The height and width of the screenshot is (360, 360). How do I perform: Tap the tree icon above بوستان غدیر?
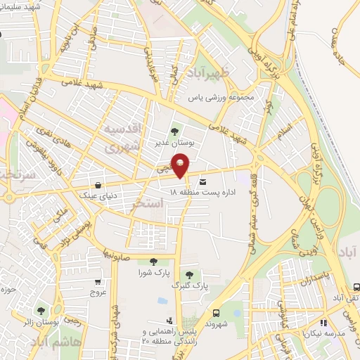pyautogui.click(x=175, y=130)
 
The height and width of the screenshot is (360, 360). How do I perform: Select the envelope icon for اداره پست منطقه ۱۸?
pyautogui.click(x=203, y=180)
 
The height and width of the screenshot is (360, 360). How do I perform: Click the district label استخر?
pyautogui.click(x=148, y=205)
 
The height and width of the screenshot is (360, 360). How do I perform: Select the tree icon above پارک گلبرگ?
pyautogui.click(x=188, y=275)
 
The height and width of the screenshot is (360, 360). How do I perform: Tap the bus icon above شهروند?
pyautogui.click(x=215, y=313)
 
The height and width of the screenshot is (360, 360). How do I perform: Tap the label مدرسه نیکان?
pyautogui.click(x=330, y=335)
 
